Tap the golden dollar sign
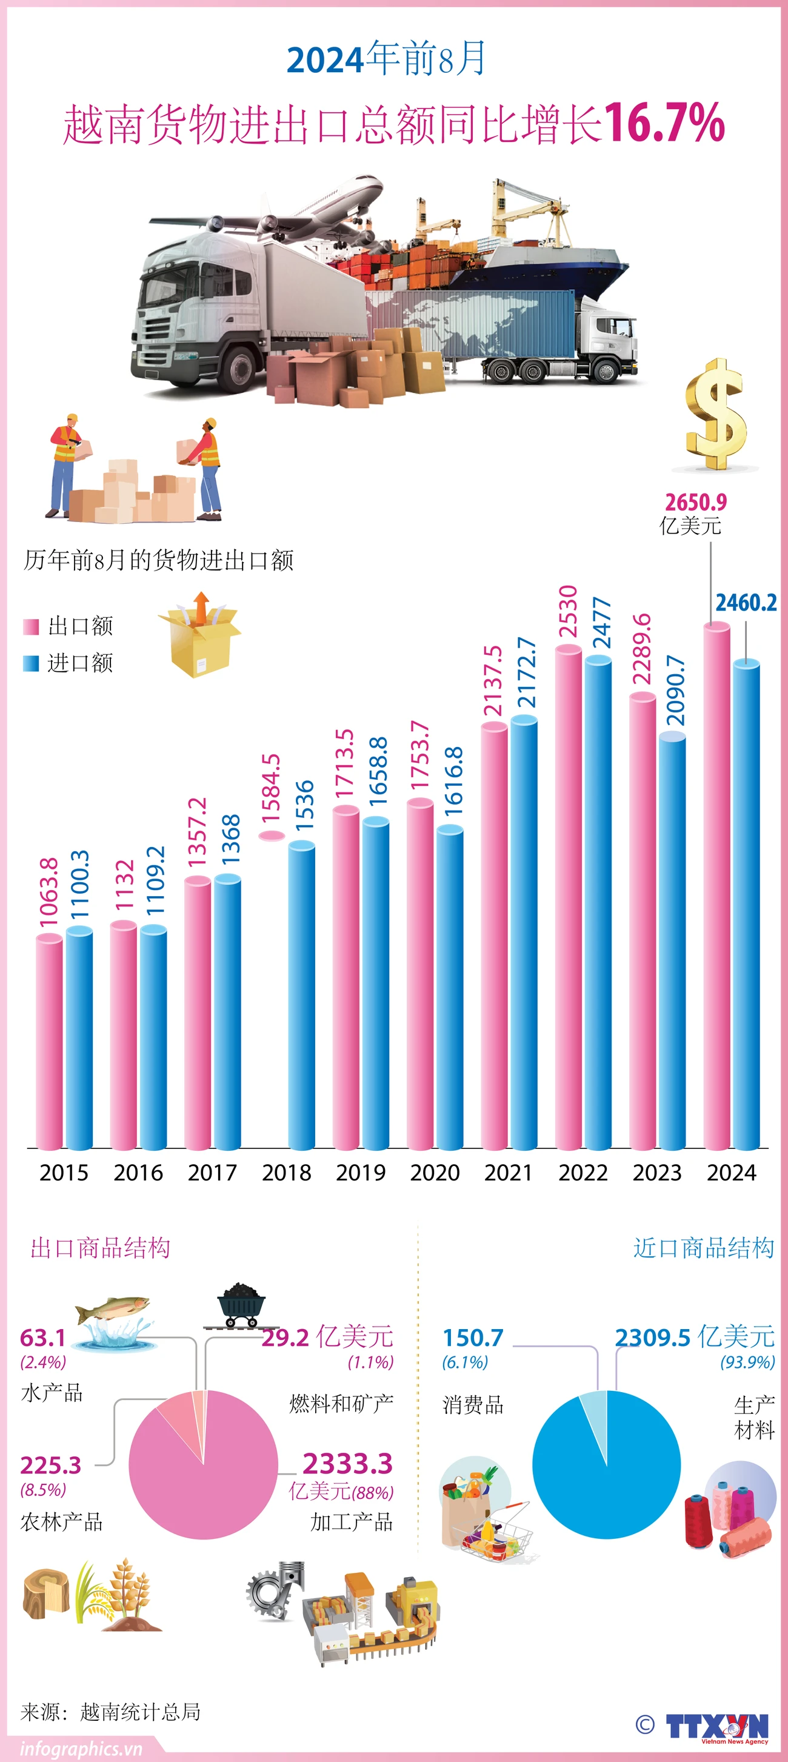(715, 414)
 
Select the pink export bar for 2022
(568, 896)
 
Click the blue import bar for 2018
(302, 995)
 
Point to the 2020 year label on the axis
(435, 1173)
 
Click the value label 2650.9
(695, 503)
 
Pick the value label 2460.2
(746, 603)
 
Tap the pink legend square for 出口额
(31, 626)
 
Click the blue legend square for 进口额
(31, 663)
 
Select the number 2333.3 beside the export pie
(347, 1463)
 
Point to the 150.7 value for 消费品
(473, 1336)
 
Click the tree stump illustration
(45, 1593)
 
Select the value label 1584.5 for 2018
(271, 788)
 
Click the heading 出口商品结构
(100, 1248)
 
